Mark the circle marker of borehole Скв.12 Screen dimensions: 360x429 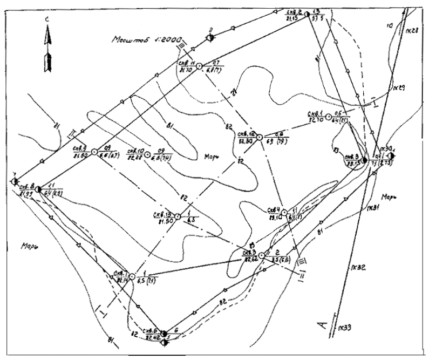coord(259,138)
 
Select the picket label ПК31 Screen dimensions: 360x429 coord(372,207)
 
